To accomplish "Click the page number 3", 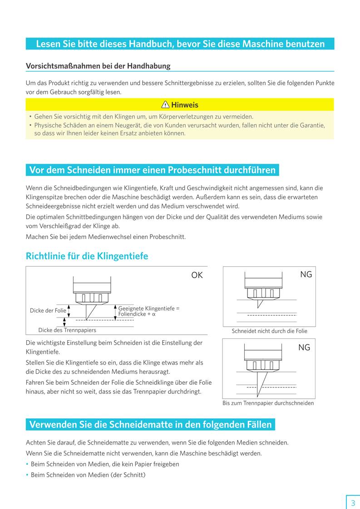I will pos(353,503).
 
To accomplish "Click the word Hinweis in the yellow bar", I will pos(185,105).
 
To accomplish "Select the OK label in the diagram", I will pos(197,275).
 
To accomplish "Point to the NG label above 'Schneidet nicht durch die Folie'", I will pos(306,274).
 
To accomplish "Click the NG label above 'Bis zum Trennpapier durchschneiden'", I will pos(304,347).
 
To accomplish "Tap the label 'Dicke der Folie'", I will pos(48,311).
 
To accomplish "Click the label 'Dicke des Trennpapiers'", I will pos(67,330).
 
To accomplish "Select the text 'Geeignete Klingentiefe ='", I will pos(149,308).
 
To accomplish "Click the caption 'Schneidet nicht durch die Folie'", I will pos(269,331).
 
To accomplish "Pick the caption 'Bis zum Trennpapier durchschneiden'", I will pos(268,403).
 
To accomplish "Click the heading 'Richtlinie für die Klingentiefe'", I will pos(87,256).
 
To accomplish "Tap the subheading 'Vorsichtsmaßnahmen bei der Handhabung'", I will pos(98,66).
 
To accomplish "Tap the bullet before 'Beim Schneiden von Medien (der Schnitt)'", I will pos(27,475).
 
